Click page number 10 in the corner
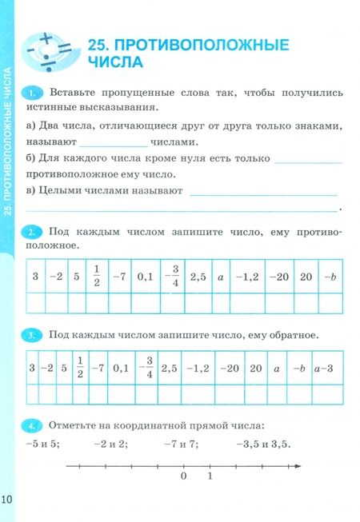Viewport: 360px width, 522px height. pos(8,500)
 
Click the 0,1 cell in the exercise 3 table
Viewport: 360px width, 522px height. pos(121,369)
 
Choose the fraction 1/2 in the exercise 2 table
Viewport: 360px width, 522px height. pos(95,277)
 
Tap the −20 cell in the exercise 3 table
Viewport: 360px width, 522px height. pos(229,369)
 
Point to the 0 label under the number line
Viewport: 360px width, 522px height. pos(184,478)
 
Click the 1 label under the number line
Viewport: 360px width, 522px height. pos(210,478)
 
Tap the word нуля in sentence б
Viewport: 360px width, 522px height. pos(166,159)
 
